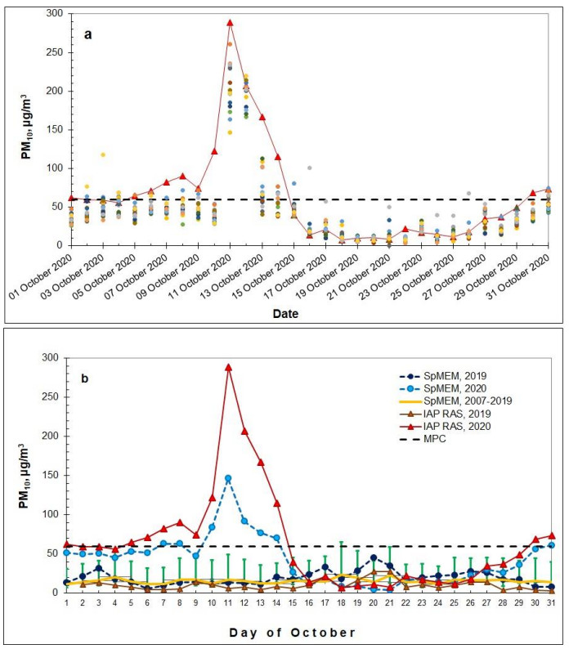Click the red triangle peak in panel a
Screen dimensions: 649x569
(x=231, y=23)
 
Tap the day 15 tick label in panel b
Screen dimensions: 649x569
(x=293, y=602)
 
